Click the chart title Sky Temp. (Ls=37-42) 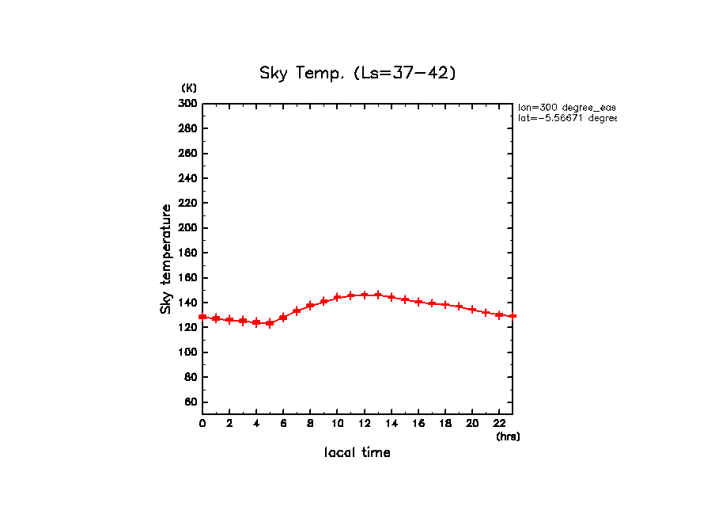click(357, 73)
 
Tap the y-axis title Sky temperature click(166, 259)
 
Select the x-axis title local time click(357, 453)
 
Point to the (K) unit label click(189, 87)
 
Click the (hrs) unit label click(508, 436)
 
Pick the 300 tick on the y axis click(187, 103)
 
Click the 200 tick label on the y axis click(187, 228)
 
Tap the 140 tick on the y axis click(187, 303)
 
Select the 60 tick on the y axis click(191, 402)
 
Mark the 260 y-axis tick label click(187, 153)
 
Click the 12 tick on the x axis click(364, 423)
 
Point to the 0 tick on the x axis click(202, 423)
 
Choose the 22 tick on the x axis click(499, 423)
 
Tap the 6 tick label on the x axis click(283, 423)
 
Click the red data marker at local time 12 click(365, 295)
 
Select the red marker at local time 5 click(270, 323)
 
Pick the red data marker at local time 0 click(202, 317)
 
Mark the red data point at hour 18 click(445, 305)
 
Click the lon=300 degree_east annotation click(566, 107)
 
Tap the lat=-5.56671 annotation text click(566, 118)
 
